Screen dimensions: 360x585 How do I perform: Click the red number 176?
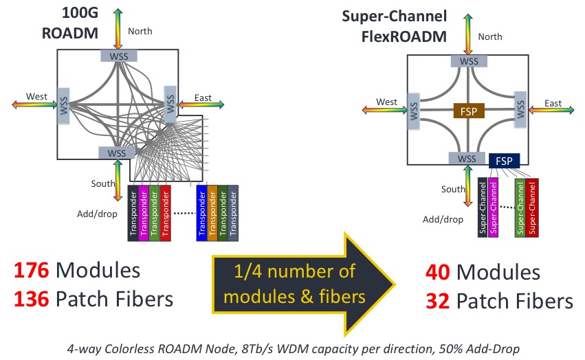[29, 270]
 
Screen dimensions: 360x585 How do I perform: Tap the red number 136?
[29, 300]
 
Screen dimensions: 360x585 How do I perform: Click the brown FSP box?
[470, 111]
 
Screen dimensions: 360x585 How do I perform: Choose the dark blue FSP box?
[504, 161]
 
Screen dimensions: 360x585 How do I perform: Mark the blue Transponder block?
[201, 212]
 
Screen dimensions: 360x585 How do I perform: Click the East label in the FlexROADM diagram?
[552, 103]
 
